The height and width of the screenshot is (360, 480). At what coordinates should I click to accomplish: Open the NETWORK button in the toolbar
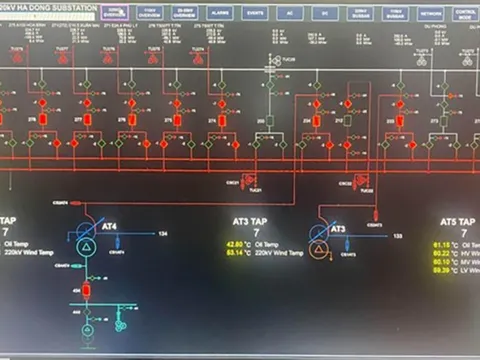click(x=431, y=13)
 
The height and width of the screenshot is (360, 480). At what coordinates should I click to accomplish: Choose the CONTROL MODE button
click(x=465, y=14)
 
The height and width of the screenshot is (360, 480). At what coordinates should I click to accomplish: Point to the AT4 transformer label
click(x=107, y=227)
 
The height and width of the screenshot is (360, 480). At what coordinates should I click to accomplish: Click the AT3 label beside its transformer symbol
click(x=338, y=229)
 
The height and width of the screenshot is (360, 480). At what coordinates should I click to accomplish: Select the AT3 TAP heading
click(x=247, y=221)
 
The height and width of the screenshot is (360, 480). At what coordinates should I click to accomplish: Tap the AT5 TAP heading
click(x=457, y=221)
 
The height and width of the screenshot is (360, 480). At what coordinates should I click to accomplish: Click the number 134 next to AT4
click(x=162, y=235)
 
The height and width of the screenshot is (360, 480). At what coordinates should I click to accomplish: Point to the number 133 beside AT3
click(x=397, y=236)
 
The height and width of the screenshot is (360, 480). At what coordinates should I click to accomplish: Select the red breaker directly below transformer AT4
click(x=86, y=290)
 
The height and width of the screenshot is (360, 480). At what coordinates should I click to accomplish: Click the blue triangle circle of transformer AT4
click(x=86, y=243)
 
